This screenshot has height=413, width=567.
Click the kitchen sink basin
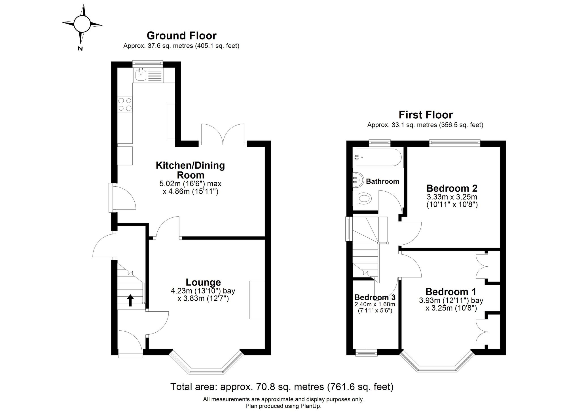click(x=140, y=75)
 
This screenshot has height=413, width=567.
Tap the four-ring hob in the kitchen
click(x=125, y=104)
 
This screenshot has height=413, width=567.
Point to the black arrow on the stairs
click(x=130, y=300)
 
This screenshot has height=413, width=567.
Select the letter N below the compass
click(x=80, y=49)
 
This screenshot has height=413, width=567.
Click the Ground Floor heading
click(x=181, y=36)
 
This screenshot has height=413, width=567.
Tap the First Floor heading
click(x=426, y=115)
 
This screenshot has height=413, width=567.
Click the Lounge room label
click(x=203, y=282)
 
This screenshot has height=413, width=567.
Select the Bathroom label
click(x=382, y=181)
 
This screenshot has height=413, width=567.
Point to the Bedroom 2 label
click(x=452, y=188)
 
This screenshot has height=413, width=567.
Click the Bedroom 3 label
click(x=375, y=297)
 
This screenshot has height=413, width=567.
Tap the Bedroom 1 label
click(x=451, y=292)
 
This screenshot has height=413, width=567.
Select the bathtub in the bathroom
click(x=377, y=157)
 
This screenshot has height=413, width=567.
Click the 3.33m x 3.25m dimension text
click(x=452, y=197)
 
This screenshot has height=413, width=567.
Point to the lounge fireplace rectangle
click(x=257, y=300)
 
